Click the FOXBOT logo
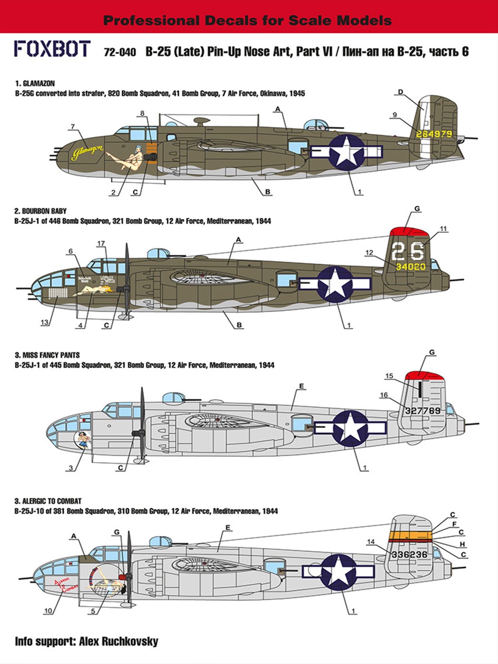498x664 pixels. coord(52,49)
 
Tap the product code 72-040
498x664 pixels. coord(120,52)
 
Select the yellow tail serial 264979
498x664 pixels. coord(434,134)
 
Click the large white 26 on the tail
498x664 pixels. coord(408,251)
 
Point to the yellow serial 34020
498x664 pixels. coord(411,267)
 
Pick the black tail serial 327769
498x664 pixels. coord(423,411)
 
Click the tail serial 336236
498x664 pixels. coord(409,554)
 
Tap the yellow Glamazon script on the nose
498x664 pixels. coord(88,153)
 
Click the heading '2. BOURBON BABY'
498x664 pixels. coord(40,211)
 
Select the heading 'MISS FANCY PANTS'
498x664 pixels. coord(51,355)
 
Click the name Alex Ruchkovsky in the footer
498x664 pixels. coord(119,642)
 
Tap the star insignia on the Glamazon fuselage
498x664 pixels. coord(347,153)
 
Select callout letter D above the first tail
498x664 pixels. coord(400,92)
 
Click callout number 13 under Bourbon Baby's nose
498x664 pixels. coord(45,323)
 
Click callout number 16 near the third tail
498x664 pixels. coord(384,395)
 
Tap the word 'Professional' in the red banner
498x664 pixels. coord(151,20)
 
